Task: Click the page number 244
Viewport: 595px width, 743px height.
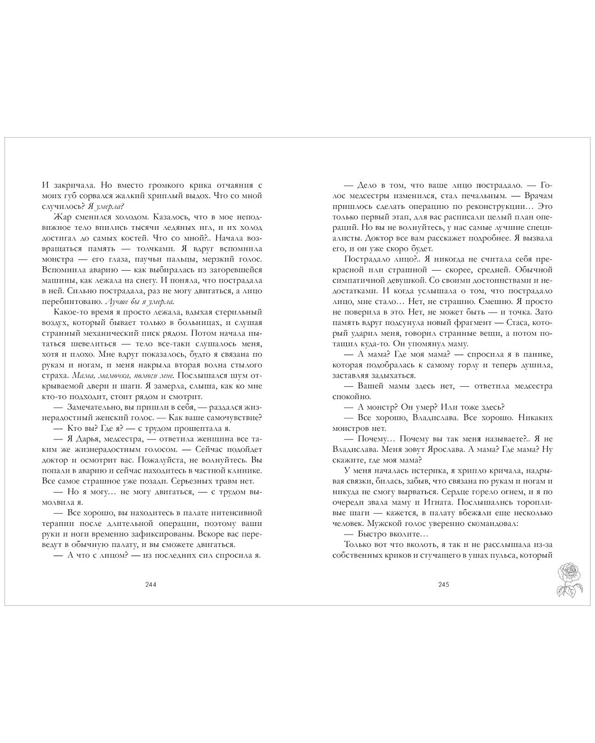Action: pyautogui.click(x=151, y=585)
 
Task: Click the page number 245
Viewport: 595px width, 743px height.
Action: pyautogui.click(x=443, y=585)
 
